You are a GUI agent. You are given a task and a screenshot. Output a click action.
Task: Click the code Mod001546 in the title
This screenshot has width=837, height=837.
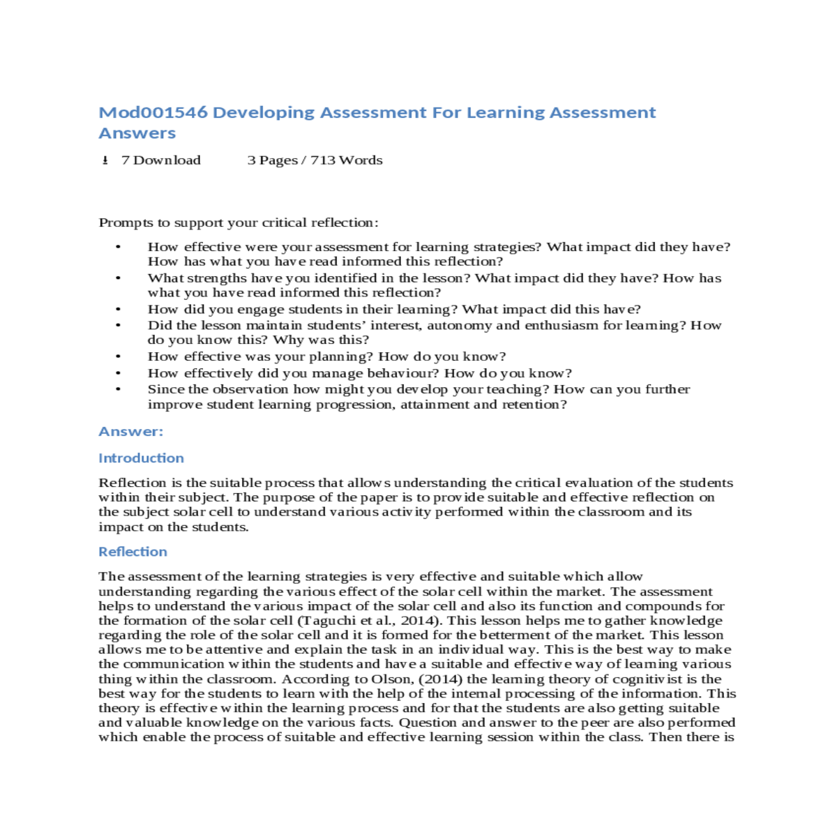tap(153, 112)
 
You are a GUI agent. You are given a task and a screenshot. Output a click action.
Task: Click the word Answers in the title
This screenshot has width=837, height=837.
tap(137, 133)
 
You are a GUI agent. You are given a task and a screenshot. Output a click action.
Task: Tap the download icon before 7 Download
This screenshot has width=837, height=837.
tap(105, 160)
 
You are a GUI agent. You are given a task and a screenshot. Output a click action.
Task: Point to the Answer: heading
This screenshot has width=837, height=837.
tap(131, 431)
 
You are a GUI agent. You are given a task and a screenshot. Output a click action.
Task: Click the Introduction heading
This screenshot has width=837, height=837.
tap(141, 458)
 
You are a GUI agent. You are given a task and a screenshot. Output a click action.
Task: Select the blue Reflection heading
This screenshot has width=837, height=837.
tap(133, 552)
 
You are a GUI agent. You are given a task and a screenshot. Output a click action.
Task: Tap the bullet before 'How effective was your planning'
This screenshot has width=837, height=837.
tap(119, 356)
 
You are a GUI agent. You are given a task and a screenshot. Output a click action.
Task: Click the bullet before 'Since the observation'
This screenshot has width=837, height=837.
tap(119, 390)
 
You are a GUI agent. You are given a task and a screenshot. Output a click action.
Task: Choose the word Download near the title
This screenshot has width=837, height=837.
tap(167, 160)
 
